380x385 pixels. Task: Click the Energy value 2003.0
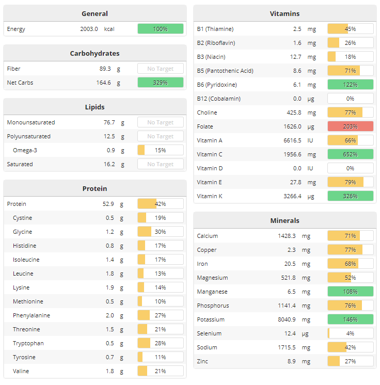89,29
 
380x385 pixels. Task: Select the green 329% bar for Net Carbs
160,83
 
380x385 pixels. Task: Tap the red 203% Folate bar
350,126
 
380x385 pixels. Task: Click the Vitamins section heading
284,13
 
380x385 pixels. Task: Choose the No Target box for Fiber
160,69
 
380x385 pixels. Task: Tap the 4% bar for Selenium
350,333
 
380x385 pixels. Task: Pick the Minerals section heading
284,220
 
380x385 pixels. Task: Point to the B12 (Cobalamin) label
218,99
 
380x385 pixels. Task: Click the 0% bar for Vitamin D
350,168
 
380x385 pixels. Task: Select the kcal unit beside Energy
109,29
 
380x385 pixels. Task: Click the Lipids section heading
94,107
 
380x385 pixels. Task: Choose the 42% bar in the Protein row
160,204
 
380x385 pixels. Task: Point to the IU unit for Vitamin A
311,140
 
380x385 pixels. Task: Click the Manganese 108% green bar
350,292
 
